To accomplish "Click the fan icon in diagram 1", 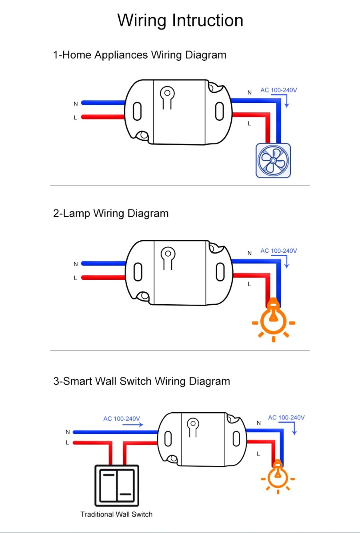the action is [273, 160].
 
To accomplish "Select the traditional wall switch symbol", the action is [117, 485].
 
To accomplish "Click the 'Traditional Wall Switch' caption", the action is [116, 515].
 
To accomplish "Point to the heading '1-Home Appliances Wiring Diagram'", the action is [140, 55].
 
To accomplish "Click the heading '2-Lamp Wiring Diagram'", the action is [111, 214].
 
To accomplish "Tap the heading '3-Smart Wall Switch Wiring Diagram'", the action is [142, 381].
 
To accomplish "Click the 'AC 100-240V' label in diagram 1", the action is [279, 90].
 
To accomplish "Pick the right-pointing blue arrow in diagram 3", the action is [133, 425].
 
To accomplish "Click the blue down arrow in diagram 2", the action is [286, 262].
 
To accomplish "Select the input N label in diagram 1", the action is [76, 104].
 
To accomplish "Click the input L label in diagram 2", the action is [75, 278].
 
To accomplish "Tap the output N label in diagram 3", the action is [259, 423].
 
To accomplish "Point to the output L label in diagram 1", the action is [249, 124].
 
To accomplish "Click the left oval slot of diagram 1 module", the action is [137, 111].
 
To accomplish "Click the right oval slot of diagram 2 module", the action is [220, 272].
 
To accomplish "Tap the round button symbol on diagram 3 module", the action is [193, 423].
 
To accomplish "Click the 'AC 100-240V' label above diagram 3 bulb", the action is [286, 418].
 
